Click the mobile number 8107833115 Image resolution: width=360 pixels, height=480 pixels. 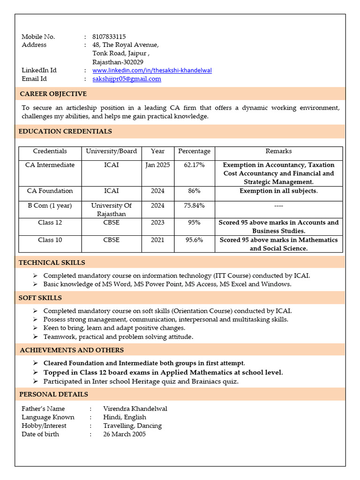coord(109,37)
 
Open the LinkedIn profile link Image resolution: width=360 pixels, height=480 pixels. coord(152,70)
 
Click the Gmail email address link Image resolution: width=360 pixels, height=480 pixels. coord(127,79)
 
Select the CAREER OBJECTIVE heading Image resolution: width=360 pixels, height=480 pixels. coord(53,94)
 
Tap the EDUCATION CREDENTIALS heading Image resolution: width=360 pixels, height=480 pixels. coord(65,131)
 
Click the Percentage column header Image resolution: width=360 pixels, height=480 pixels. coord(194,151)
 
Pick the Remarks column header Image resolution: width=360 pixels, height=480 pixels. coord(278,151)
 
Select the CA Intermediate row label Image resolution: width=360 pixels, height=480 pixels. coord(50,165)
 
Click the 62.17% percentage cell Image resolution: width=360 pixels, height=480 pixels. coord(194,165)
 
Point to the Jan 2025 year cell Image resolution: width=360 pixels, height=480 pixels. coord(157,165)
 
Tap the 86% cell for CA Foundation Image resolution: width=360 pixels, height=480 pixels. coord(194,191)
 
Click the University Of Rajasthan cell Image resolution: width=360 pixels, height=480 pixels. coord(112,210)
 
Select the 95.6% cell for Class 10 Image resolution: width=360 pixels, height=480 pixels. coord(194,240)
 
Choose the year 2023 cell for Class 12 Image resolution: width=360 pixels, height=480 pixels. coord(157,222)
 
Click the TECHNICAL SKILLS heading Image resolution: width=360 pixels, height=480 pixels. coord(52,262)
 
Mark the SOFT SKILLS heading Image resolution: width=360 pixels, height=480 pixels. coord(40,298)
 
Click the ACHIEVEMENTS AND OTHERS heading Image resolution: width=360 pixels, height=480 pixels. coord(72,350)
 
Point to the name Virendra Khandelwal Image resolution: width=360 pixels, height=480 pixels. coord(135,408)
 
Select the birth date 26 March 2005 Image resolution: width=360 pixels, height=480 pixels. coord(124,434)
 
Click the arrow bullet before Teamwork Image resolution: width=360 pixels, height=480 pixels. coord(36,337)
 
